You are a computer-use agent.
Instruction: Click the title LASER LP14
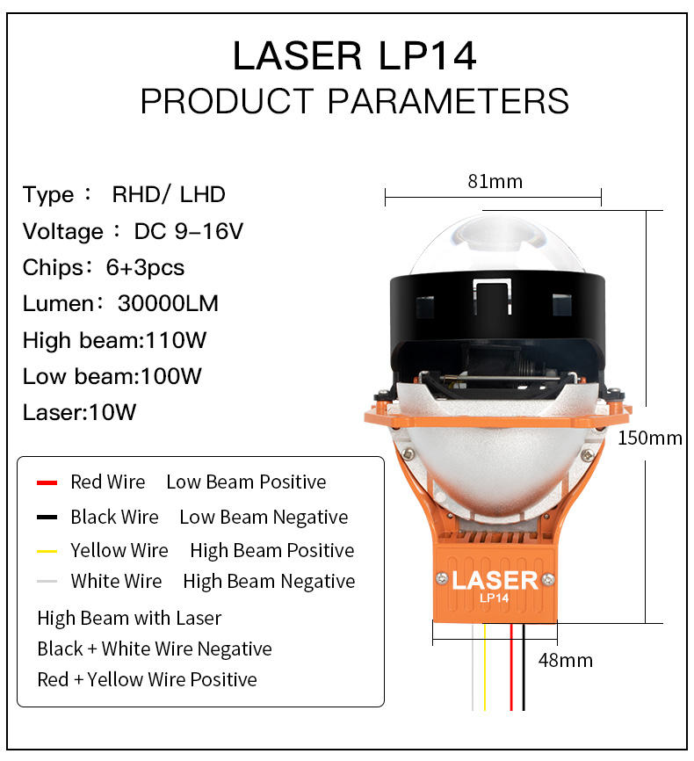click(354, 55)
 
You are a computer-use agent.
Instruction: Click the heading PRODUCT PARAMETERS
click(354, 101)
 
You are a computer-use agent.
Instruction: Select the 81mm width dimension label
click(495, 181)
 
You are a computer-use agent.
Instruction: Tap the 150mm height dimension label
click(649, 437)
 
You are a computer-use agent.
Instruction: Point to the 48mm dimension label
click(565, 659)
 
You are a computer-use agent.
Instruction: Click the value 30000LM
click(168, 304)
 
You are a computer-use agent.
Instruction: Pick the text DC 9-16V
click(188, 231)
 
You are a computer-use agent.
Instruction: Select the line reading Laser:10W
click(80, 412)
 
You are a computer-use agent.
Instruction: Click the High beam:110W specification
click(115, 340)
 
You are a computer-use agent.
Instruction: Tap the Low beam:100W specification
click(112, 376)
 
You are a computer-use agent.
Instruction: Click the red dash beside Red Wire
click(47, 482)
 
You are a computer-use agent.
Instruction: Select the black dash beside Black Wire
click(47, 518)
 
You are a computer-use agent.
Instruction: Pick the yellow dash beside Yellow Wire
click(47, 552)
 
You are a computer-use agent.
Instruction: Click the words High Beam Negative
click(269, 582)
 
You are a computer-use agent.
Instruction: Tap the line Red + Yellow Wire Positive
click(147, 679)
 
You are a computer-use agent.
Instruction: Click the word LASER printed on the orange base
click(495, 580)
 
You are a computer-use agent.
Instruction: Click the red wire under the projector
click(512, 668)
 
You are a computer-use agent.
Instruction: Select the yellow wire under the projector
click(483, 668)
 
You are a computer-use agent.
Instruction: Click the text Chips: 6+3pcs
click(104, 267)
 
